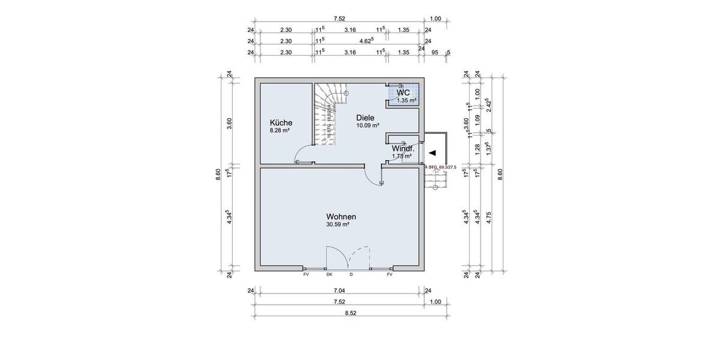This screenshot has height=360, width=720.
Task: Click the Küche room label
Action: [281, 122]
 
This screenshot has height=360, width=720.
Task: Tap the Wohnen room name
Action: [342, 216]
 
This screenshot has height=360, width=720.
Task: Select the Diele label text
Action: [365, 118]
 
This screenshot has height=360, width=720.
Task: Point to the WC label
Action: [403, 93]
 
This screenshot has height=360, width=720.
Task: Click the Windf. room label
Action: [402, 148]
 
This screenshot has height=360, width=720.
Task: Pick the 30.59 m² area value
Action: [338, 224]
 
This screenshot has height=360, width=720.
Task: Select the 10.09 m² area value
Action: [368, 126]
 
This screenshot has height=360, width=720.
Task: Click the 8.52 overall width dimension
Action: [350, 312]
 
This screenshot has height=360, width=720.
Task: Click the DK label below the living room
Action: [329, 275]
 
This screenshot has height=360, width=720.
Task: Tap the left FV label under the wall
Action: [306, 275]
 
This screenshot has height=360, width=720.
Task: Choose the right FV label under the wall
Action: [389, 275]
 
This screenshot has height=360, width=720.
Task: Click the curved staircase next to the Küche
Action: [329, 114]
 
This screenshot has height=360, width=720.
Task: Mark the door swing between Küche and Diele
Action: [304, 154]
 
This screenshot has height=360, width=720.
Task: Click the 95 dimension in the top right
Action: [436, 53]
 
